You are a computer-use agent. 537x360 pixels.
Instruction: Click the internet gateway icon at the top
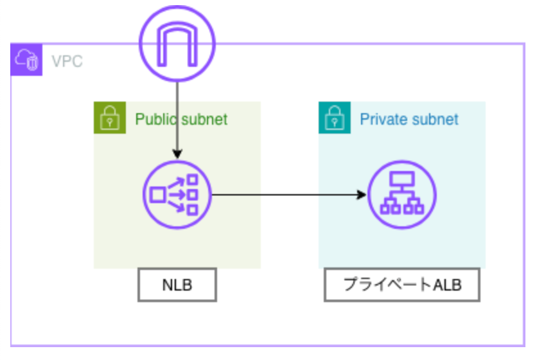[x=177, y=43]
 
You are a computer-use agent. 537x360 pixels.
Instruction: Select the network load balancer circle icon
[x=177, y=194]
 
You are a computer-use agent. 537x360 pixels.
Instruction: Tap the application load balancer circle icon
[x=401, y=194]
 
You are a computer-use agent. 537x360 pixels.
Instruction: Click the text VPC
[x=67, y=62]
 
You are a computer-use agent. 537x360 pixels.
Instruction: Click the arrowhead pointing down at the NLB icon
[x=177, y=155]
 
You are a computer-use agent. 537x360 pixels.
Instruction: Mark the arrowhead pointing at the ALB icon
[x=361, y=194]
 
